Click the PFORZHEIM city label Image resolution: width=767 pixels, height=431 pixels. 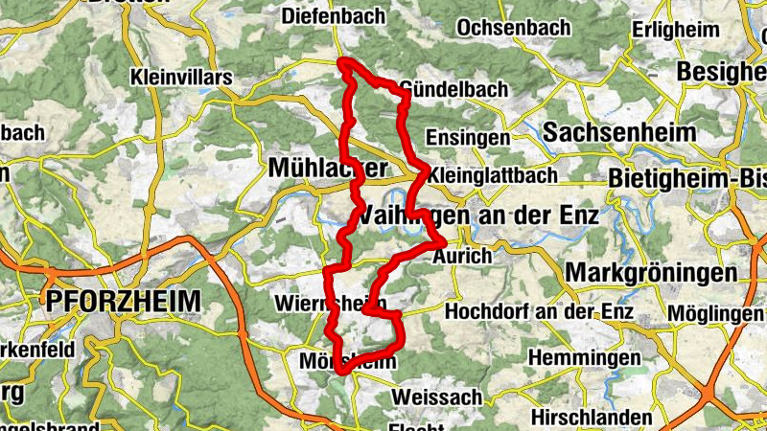(123, 302)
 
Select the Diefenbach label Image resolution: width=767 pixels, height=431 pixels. (334, 16)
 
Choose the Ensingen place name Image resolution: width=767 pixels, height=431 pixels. (468, 138)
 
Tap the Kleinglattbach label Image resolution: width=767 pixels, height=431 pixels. (494, 176)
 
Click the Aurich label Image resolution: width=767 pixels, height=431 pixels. (462, 257)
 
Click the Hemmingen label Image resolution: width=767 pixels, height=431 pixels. (584, 357)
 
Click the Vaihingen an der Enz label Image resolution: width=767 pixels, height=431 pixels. (481, 215)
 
